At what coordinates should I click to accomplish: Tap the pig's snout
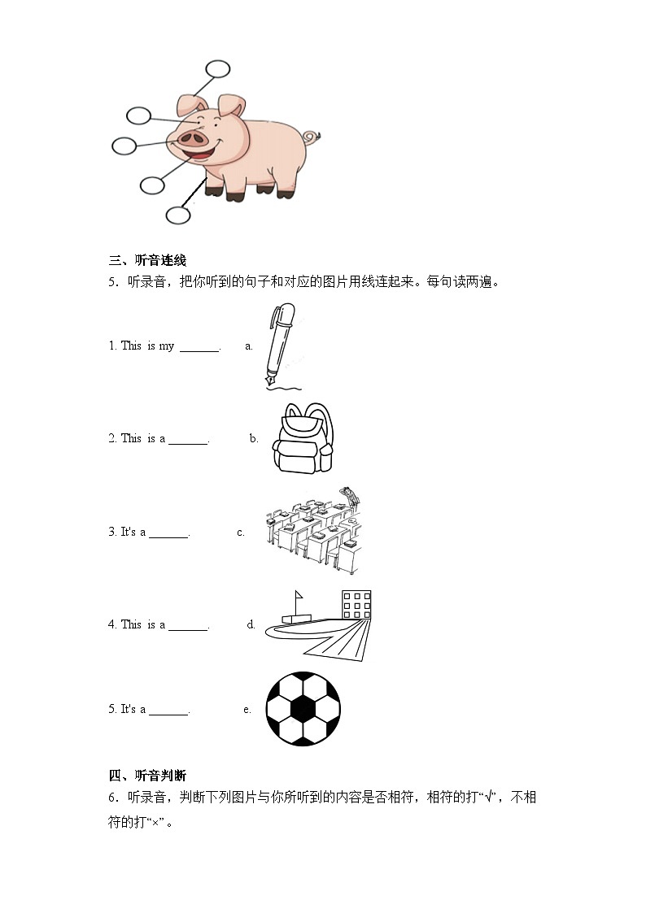tap(193, 140)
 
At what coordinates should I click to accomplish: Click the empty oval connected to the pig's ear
tap(218, 69)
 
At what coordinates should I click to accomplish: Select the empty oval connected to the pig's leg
tap(178, 215)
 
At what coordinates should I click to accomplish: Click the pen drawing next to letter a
tap(277, 346)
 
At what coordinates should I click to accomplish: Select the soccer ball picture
tap(303, 708)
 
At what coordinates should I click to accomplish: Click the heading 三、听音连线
tap(147, 261)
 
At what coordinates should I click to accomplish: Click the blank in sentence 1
tap(199, 347)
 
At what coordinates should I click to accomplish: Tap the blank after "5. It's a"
tap(169, 711)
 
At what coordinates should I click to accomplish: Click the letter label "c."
tap(241, 533)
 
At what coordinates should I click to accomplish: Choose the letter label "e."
tap(247, 709)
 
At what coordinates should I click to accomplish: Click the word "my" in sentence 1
tap(166, 346)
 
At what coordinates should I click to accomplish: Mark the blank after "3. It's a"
tap(169, 533)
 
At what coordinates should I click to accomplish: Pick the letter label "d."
tap(251, 624)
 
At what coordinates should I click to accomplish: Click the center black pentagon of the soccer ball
tap(303, 709)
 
